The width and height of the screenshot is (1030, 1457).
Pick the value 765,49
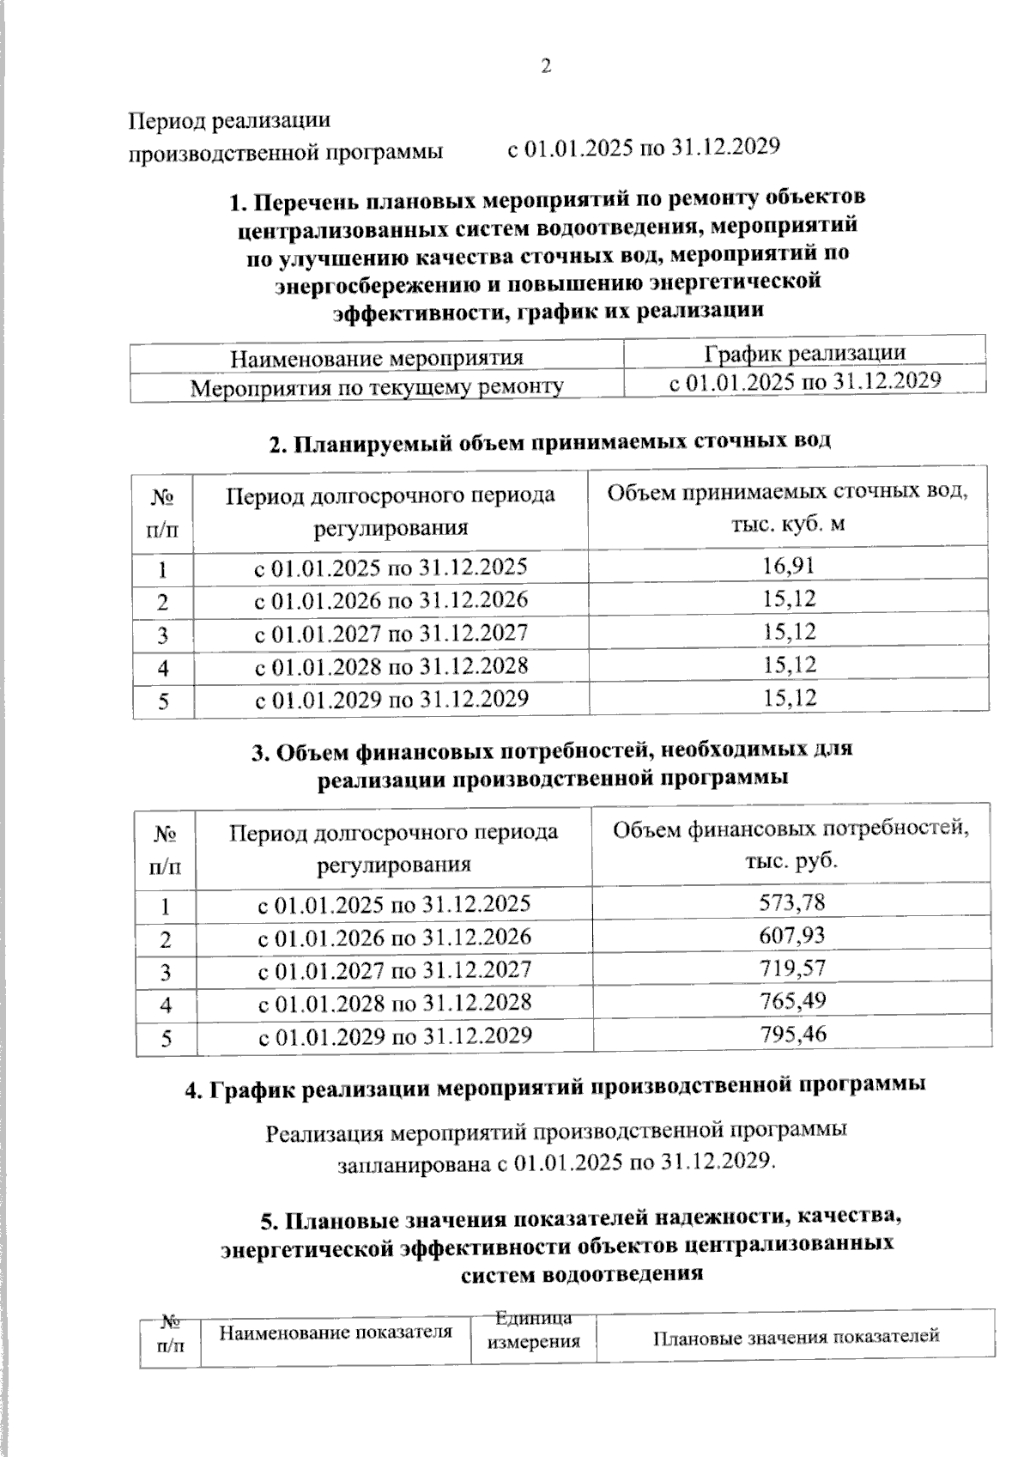click(x=792, y=1000)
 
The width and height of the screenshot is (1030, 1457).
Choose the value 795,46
click(x=792, y=1034)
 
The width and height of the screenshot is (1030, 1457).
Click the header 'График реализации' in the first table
click(x=804, y=353)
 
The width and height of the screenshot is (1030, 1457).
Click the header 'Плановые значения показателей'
click(x=796, y=1337)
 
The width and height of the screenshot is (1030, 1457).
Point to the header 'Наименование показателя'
click(x=336, y=1333)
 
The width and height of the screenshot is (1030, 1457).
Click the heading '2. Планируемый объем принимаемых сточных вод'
click(x=550, y=442)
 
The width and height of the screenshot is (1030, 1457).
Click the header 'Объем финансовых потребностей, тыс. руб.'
click(x=791, y=845)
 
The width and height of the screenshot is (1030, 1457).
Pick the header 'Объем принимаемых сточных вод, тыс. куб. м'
click(x=788, y=507)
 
